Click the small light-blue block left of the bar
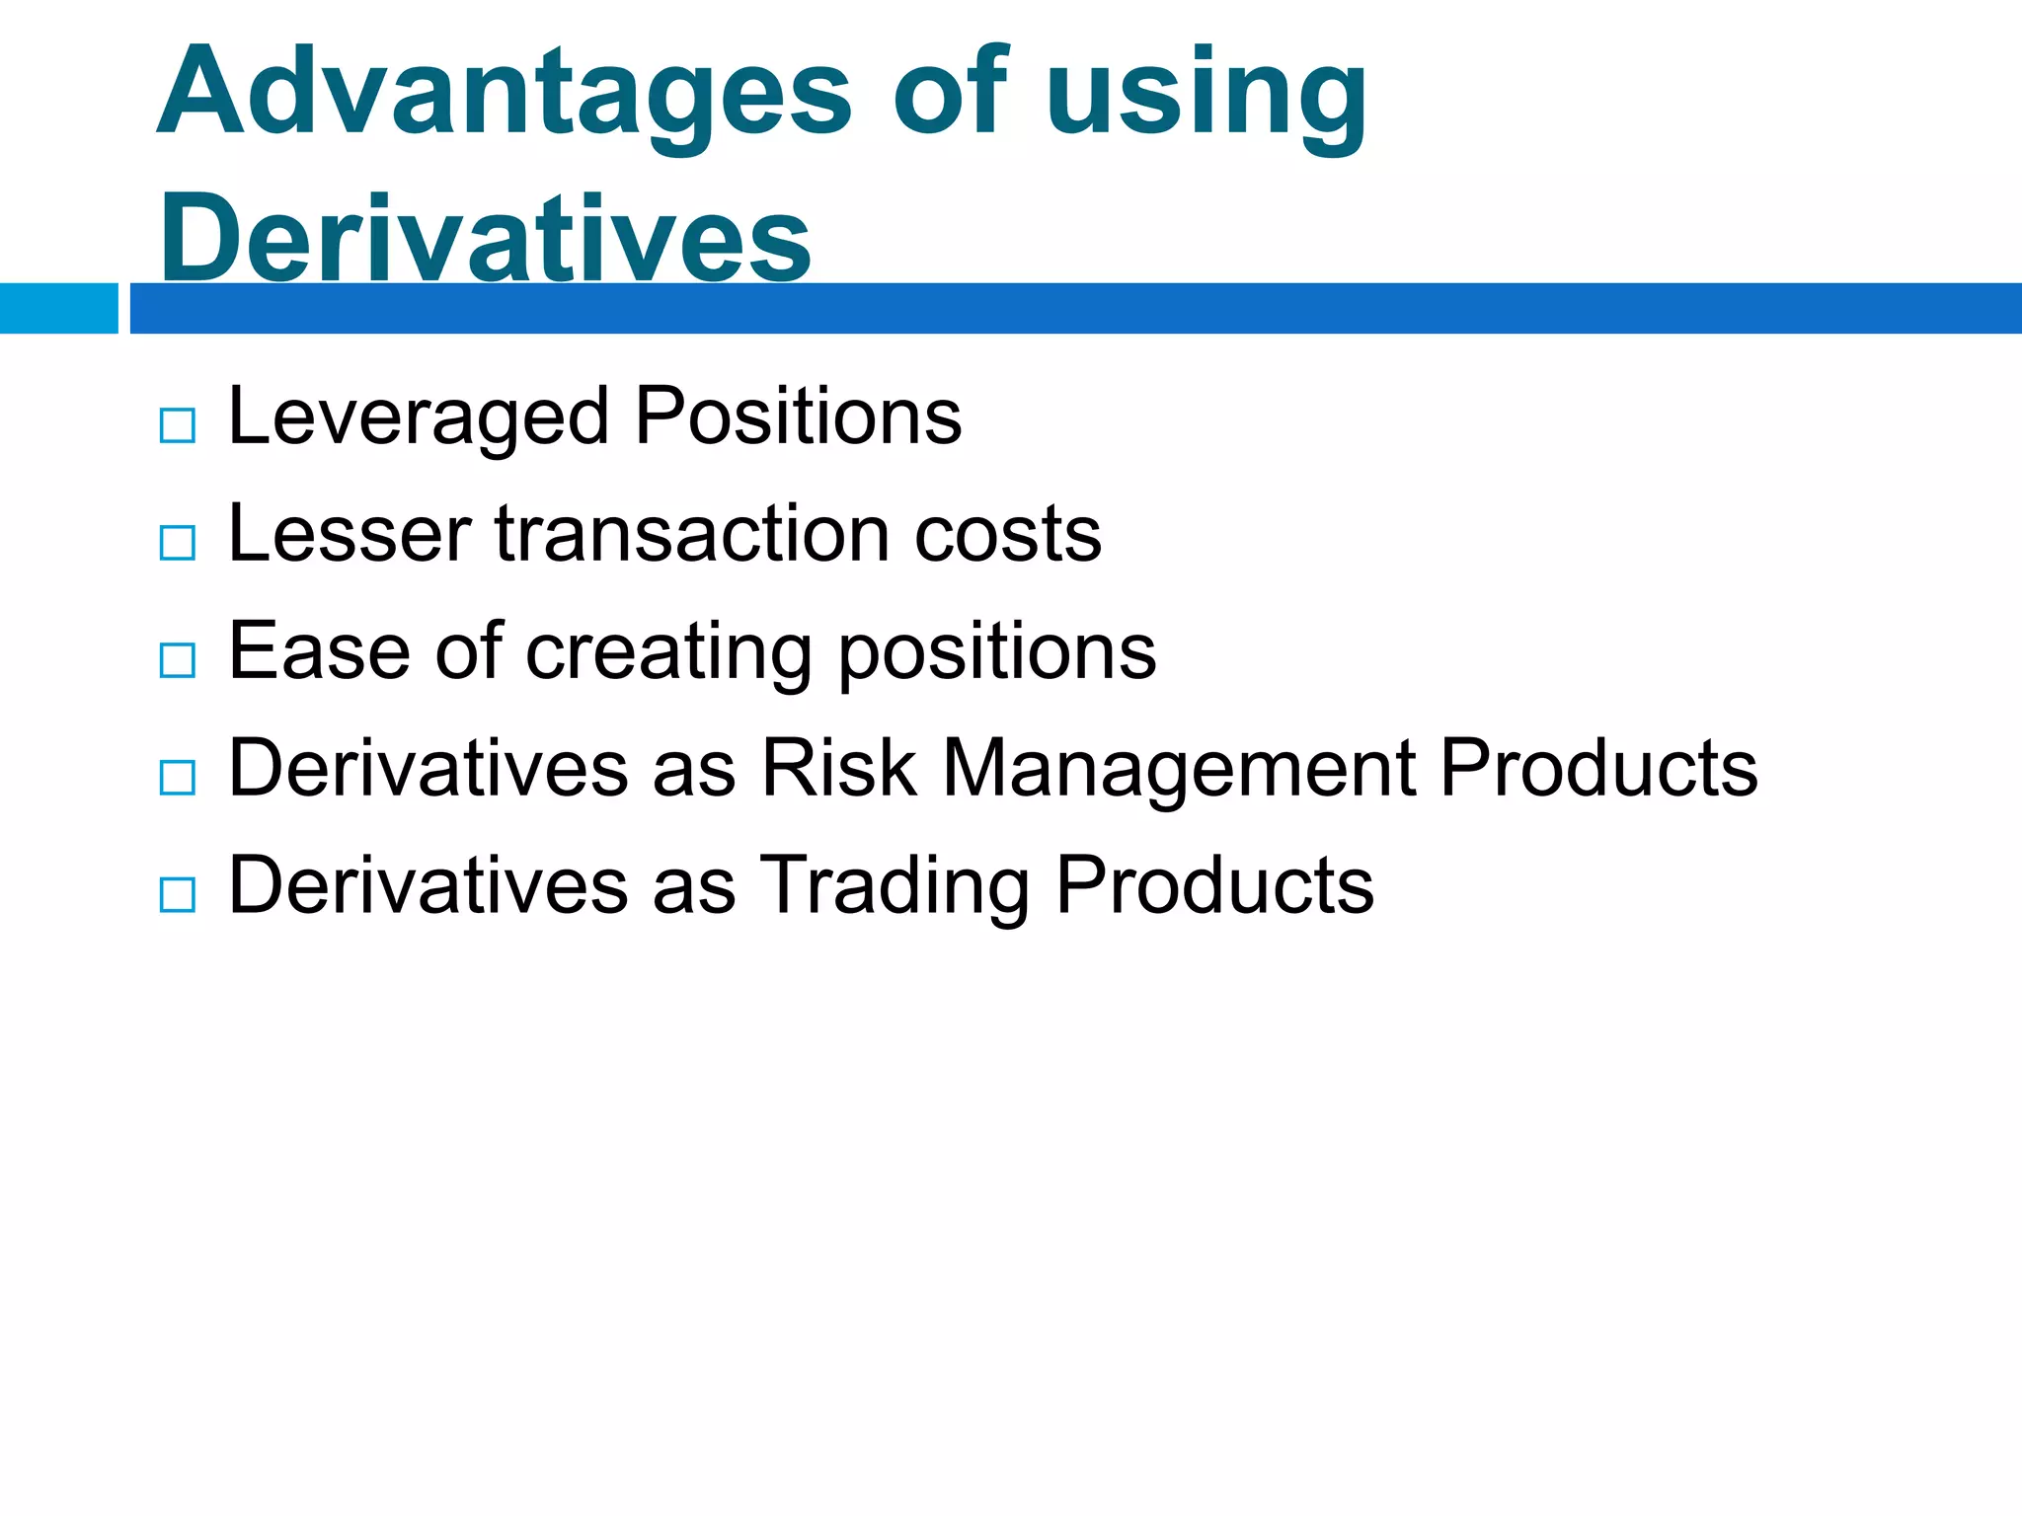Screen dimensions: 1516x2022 coord(58,308)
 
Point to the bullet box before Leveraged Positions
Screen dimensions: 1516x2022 coord(178,425)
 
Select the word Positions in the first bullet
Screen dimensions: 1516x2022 coord(798,416)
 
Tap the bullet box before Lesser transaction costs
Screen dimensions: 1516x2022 coord(178,543)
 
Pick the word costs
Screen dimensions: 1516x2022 coord(1007,534)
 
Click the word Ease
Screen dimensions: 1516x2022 coord(319,650)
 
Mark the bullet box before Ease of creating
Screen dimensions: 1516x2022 coord(178,660)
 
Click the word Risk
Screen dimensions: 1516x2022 coord(838,768)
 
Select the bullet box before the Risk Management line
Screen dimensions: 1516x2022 coord(178,778)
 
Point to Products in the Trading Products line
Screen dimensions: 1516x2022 coord(1213,884)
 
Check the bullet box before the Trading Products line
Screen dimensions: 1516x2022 coord(178,895)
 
